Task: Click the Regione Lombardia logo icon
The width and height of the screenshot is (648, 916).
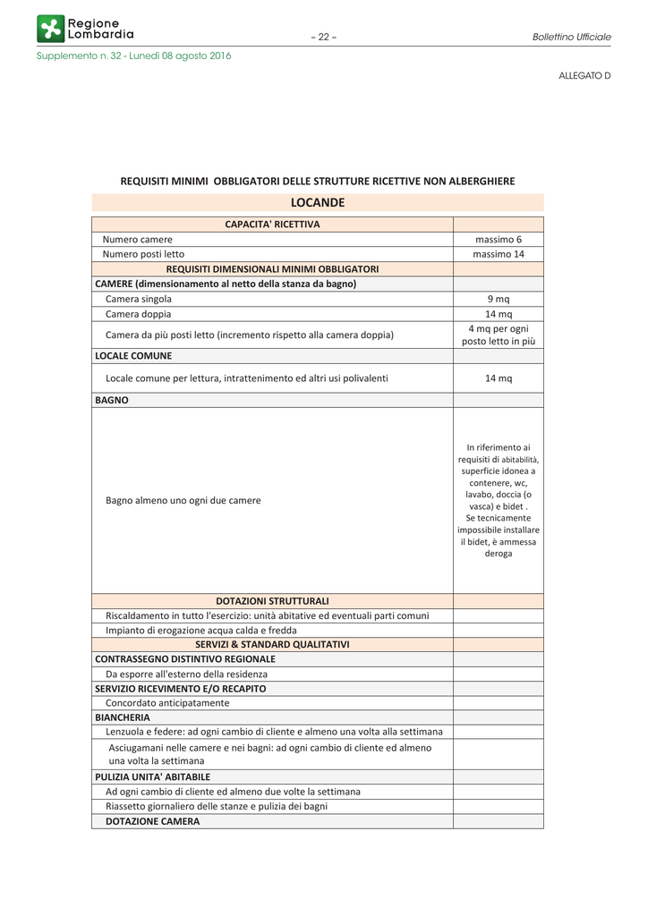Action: coord(51,29)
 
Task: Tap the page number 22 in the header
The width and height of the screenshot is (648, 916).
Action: coord(323,37)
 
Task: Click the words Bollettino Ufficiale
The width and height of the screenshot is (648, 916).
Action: coord(571,37)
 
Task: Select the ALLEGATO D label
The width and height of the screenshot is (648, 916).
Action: coord(584,76)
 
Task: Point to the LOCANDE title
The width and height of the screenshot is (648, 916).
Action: coord(318,203)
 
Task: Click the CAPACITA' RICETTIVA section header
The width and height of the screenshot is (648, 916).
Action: coord(272,224)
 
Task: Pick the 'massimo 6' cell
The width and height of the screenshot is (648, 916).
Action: coord(499,239)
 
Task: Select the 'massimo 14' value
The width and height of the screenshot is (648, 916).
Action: coord(499,254)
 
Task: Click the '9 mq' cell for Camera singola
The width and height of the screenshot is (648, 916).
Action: coord(499,299)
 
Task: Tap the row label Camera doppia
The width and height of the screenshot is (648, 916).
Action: coord(138,314)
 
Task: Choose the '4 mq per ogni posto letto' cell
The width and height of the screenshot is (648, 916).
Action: coord(499,335)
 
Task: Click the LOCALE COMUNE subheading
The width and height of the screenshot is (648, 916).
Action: coord(133,356)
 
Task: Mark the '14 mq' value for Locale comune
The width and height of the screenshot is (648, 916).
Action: coord(499,378)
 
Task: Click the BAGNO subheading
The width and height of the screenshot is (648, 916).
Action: coord(112,401)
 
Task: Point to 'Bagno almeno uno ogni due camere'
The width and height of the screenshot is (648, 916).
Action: coord(183,501)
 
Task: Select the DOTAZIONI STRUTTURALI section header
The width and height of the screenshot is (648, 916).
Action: coord(272,600)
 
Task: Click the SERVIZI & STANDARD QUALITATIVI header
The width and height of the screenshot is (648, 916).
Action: coord(272,644)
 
